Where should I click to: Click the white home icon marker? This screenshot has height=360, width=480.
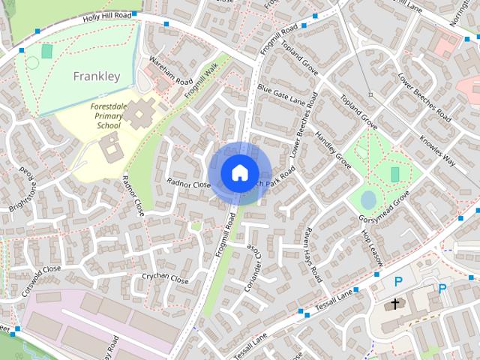click(x=239, y=172)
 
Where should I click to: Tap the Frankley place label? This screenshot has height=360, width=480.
click(x=96, y=76)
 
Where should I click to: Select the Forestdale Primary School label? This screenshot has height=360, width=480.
click(x=109, y=116)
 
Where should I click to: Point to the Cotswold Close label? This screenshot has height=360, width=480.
click(x=41, y=279)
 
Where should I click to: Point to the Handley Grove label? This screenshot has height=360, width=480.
click(x=334, y=150)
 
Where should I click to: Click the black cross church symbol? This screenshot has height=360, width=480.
click(x=395, y=304)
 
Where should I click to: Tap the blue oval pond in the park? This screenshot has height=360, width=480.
click(x=368, y=199)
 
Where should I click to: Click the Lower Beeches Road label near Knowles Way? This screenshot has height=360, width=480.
click(x=424, y=97)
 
